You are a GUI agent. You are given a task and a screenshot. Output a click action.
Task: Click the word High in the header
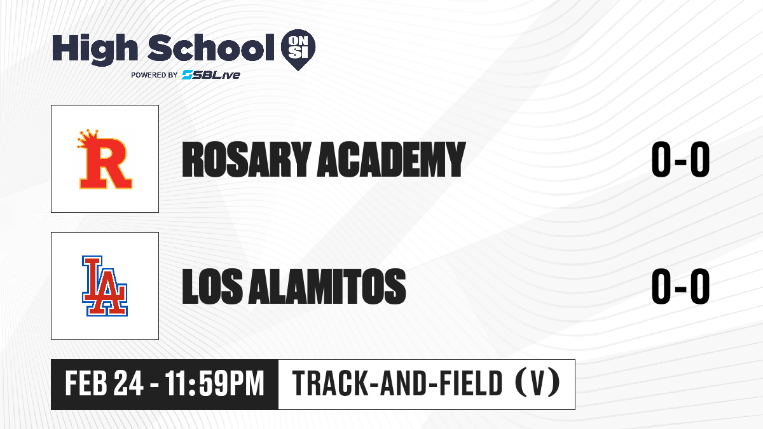(x=95, y=50)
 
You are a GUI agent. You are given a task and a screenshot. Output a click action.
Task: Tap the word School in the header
(x=211, y=47)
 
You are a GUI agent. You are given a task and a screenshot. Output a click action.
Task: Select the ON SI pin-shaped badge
(x=298, y=50)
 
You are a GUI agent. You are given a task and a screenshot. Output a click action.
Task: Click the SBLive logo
(x=210, y=75)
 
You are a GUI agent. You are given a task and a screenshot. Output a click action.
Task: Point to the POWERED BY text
(x=155, y=75)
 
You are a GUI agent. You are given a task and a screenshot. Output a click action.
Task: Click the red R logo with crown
(x=104, y=159)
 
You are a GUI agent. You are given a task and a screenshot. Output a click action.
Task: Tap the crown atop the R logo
(x=88, y=139)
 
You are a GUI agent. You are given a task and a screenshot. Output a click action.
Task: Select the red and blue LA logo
(x=105, y=286)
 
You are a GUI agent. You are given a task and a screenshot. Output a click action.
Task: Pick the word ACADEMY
(x=392, y=160)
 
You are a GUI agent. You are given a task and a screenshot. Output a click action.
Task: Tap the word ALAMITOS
(x=327, y=286)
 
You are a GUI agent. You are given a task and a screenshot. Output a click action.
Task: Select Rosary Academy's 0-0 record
(x=680, y=160)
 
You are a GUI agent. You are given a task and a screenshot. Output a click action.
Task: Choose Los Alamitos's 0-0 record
(x=680, y=286)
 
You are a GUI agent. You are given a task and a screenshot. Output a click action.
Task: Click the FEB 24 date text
(x=104, y=384)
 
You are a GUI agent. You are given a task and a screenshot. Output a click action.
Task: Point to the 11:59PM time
(x=215, y=384)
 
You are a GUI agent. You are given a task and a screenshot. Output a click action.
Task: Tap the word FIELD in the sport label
(x=471, y=384)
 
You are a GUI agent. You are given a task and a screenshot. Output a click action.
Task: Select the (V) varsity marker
(x=537, y=384)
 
